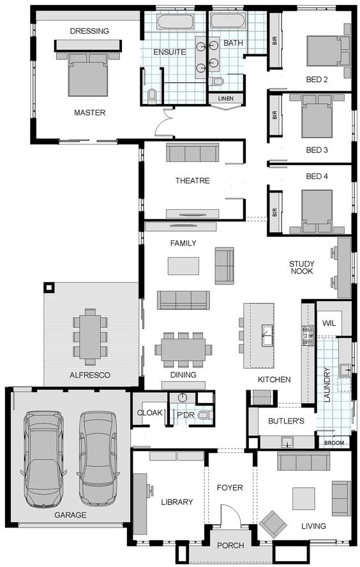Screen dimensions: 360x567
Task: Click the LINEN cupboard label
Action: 226,98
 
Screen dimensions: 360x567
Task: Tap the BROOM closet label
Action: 334,443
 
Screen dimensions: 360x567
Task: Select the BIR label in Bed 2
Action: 274,41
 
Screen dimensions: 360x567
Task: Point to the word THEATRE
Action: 193,180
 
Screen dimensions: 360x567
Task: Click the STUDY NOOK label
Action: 302,267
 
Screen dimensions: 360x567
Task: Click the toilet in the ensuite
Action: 153,95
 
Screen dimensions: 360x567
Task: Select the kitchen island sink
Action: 267,335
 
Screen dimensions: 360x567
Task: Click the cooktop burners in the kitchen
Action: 308,335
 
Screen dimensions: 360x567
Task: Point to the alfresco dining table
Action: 90,337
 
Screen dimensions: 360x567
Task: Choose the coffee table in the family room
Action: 183,266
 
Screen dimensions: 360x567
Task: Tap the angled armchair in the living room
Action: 273,524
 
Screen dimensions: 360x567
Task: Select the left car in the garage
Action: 43,460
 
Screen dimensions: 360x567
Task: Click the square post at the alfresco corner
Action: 49,288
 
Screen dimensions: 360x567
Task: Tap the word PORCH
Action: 230,545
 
